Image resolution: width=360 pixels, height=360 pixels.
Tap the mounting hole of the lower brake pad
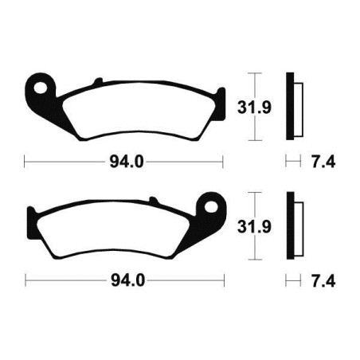pos(213,204)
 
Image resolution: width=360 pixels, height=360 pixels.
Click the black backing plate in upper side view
pos(291,104)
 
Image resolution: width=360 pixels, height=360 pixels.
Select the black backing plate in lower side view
pos(291,225)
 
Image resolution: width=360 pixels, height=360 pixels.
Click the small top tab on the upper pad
pos(97,80)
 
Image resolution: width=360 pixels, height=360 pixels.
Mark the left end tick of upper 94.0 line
pos(26,162)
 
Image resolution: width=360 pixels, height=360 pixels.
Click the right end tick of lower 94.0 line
pos(225,281)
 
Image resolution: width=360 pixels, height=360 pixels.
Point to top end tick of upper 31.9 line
pos(255,73)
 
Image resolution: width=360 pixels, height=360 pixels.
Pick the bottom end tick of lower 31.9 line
pos(255,260)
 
